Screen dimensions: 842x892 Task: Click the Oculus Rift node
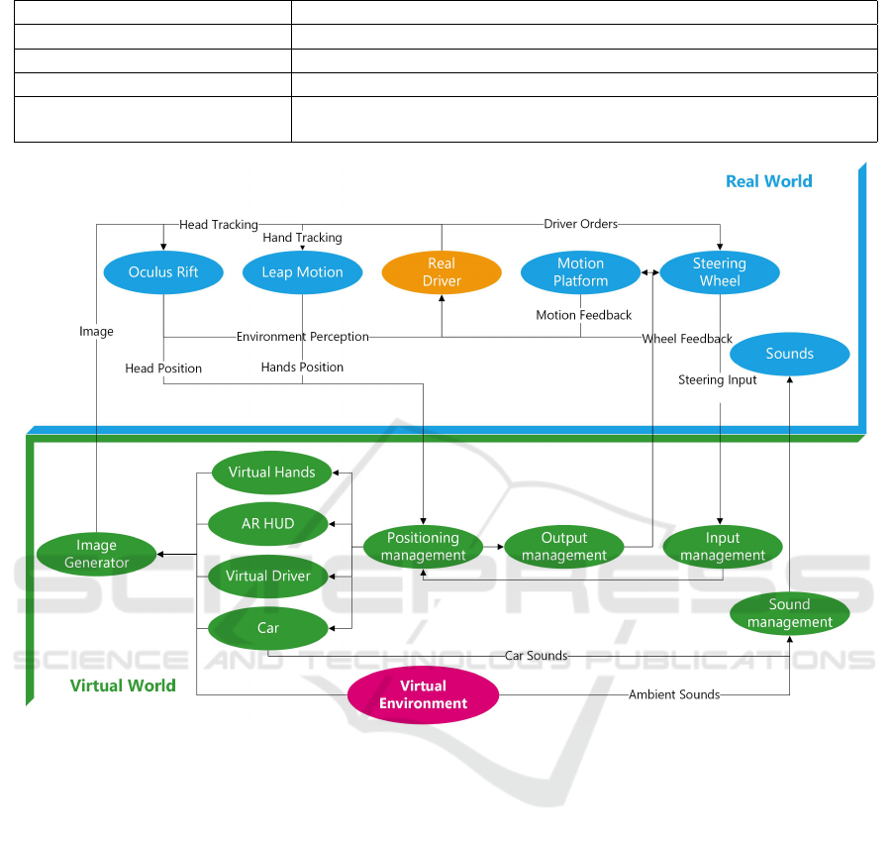coord(163,272)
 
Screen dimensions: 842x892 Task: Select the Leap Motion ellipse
coord(302,272)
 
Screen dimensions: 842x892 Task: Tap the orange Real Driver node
coord(442,272)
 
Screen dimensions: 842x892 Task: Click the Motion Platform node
coord(580,272)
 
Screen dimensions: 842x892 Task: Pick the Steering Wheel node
coord(719,272)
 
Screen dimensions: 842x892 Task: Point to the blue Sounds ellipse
coord(789,354)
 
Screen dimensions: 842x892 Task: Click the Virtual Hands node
coord(271,473)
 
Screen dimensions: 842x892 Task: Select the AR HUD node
coord(268,523)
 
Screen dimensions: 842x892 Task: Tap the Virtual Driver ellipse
coord(268,577)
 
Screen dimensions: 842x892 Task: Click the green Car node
coord(268,628)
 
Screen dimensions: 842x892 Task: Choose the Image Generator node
coord(96,554)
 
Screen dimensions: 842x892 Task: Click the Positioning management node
coord(423,547)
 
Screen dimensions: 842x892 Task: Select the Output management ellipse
coord(564,547)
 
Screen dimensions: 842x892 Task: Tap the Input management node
coord(723,547)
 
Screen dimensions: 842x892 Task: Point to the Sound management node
coord(789,613)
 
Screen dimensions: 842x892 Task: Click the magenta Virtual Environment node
coord(423,694)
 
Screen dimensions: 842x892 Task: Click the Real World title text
coord(768,181)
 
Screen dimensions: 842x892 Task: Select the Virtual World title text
coord(123,685)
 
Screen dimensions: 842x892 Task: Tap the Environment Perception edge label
coord(302,337)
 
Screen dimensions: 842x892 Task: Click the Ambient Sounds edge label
coord(674,694)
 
